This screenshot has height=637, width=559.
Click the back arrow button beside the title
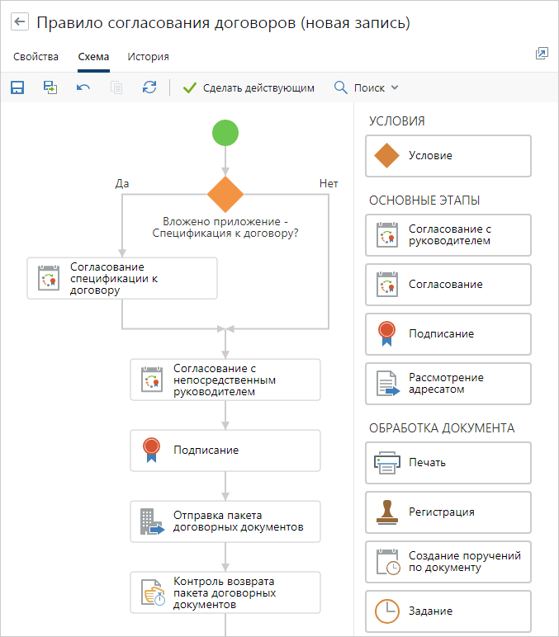pos(20,21)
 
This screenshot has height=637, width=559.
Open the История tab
pos(148,57)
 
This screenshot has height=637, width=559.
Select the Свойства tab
pos(36,57)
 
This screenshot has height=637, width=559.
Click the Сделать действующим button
pos(249,87)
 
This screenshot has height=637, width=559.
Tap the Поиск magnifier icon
pos(341,87)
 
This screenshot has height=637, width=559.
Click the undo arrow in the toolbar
pos(83,87)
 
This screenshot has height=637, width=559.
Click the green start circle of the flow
pos(225,133)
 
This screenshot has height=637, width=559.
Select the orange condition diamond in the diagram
pos(225,194)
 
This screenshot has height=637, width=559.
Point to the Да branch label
pos(122,184)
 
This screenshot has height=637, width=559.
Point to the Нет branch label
pos(329,184)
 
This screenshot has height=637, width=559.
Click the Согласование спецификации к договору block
pos(122,278)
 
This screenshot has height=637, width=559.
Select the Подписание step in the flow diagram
pos(225,451)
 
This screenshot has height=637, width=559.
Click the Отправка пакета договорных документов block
pos(225,521)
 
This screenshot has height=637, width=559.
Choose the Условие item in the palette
pos(448,156)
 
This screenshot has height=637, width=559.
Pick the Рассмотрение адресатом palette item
pos(448,384)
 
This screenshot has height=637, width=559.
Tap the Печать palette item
pos(448,463)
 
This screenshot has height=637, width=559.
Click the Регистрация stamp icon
pos(387,512)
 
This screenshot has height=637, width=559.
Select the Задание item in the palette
pos(448,611)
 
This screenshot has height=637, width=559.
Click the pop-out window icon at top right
pos(542,53)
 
